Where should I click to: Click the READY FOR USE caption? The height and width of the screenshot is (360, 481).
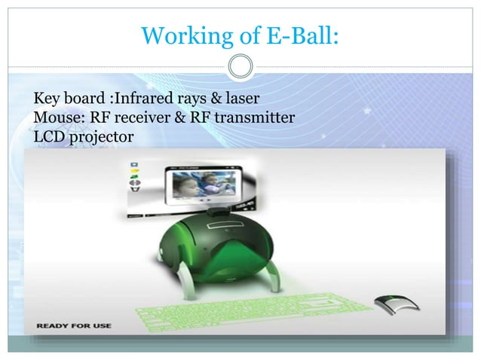tap(72, 325)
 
